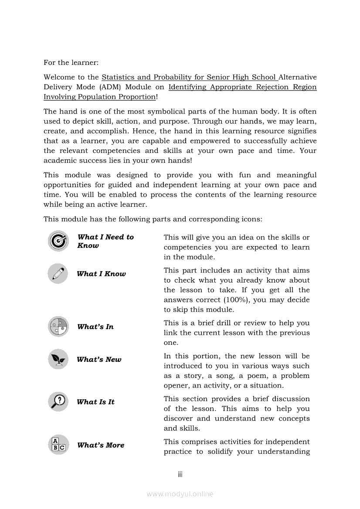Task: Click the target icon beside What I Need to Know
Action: [58, 241]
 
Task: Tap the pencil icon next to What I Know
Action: [58, 273]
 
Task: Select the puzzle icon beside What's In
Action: [58, 326]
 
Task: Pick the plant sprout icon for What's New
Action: [58, 359]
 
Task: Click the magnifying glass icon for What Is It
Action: [58, 401]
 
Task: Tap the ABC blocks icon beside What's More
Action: [58, 445]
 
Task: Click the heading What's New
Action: [99, 360]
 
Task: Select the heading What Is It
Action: [95, 402]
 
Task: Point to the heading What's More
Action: [101, 445]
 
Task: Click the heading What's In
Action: [95, 327]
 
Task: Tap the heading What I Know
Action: [101, 274]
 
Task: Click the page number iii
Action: [180, 475]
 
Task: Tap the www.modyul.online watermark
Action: [180, 494]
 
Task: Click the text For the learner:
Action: [71, 63]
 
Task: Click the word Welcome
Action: [59, 78]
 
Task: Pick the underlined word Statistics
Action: [118, 78]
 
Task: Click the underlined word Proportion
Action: [135, 97]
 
